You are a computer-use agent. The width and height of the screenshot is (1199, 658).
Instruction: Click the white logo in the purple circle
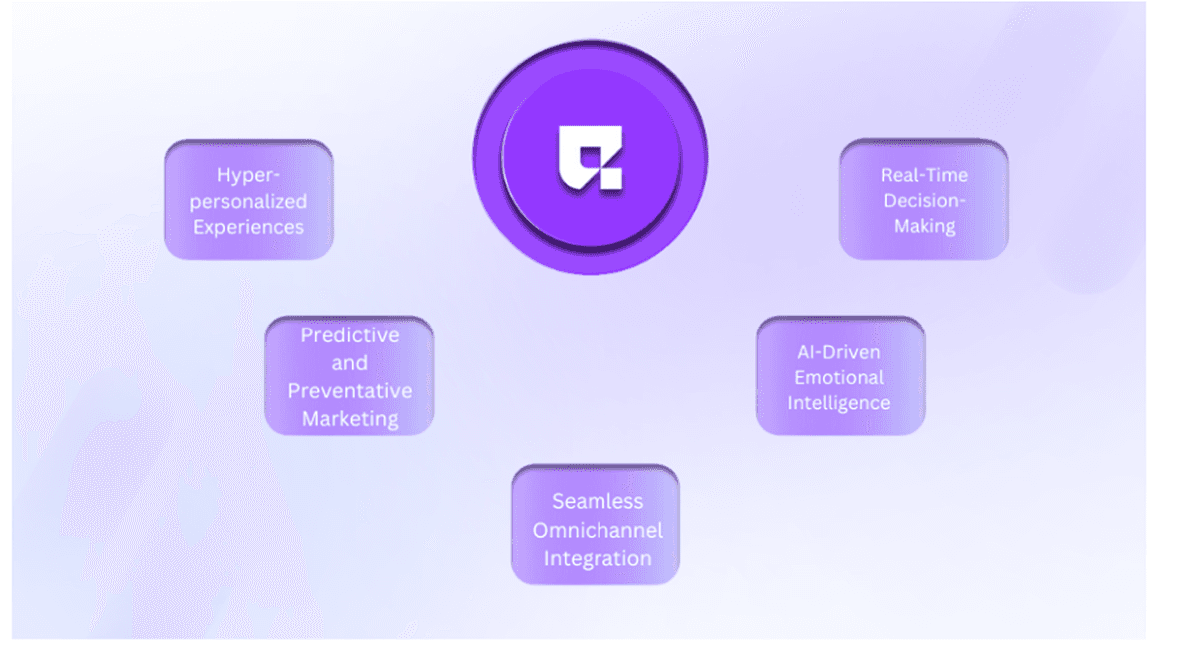(x=591, y=158)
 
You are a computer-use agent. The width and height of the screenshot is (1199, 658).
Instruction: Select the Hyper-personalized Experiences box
(x=249, y=200)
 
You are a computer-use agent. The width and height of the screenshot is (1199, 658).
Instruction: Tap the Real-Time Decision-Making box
(x=924, y=199)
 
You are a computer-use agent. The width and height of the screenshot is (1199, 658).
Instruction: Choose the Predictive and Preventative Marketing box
(x=349, y=376)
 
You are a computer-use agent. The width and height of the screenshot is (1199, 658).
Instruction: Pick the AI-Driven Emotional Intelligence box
(x=841, y=376)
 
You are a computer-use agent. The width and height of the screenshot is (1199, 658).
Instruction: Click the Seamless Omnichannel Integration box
(x=596, y=525)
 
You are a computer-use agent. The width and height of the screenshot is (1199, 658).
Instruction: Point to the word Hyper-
(x=249, y=175)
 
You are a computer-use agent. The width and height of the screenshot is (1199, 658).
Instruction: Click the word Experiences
(x=249, y=227)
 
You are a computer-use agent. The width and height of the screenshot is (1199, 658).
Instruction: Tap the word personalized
(x=249, y=202)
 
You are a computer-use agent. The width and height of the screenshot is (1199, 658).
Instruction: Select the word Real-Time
(x=925, y=175)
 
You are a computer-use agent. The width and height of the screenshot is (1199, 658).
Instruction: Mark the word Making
(x=925, y=226)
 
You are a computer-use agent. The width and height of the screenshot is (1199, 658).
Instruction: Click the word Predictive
(x=350, y=335)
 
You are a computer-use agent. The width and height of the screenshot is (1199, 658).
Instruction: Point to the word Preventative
(x=350, y=391)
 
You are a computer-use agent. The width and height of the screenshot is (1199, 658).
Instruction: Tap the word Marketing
(x=350, y=419)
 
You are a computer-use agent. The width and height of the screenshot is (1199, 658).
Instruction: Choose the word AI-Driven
(x=839, y=352)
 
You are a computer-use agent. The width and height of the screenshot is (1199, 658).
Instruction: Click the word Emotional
(x=839, y=378)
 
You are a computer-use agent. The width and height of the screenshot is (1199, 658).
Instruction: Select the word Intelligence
(x=839, y=403)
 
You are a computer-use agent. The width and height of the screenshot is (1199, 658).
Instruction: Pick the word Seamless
(x=598, y=502)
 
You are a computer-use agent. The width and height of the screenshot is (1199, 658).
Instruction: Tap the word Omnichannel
(x=598, y=530)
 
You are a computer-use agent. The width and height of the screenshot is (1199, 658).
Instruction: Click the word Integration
(x=598, y=558)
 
